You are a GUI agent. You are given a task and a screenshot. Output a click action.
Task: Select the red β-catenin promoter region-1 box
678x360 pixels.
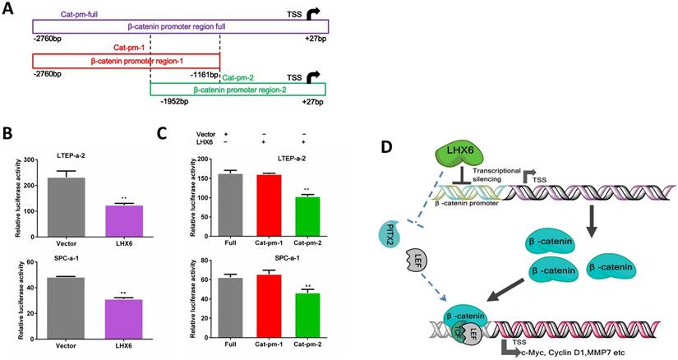pyautogui.click(x=126, y=62)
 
